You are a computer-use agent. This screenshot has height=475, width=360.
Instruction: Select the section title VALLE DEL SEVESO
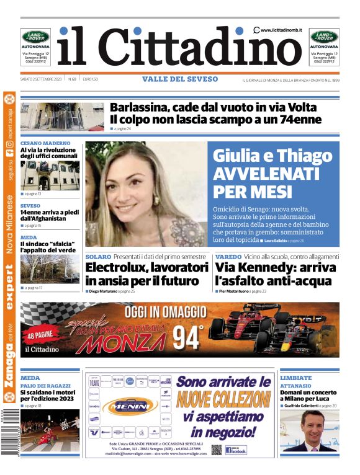180,79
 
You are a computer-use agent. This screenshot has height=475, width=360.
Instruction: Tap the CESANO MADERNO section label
45,143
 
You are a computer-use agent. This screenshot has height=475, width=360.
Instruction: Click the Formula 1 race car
273,329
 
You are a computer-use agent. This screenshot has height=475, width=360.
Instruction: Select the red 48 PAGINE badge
40,337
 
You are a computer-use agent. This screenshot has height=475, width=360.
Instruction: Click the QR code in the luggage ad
216,449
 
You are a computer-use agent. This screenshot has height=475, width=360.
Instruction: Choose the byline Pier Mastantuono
233,291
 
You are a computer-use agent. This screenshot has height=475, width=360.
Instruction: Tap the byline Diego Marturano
102,291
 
